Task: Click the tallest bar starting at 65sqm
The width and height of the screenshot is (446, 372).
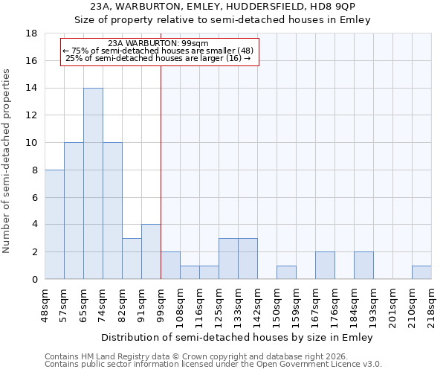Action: (x=93, y=183)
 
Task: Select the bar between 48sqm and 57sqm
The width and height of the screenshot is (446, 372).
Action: (x=54, y=224)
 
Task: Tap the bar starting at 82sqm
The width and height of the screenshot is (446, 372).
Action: (x=132, y=258)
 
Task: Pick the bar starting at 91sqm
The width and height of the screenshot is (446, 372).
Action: (x=151, y=251)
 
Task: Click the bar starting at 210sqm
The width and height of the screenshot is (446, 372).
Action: (x=421, y=272)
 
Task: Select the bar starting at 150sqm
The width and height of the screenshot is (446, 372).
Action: (x=286, y=272)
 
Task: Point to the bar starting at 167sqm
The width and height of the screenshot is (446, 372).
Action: (x=325, y=266)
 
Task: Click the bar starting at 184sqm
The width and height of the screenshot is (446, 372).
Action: (x=363, y=266)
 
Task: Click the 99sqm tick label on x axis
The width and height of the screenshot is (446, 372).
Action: (x=161, y=304)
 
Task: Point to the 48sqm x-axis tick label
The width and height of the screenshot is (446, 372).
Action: (x=45, y=304)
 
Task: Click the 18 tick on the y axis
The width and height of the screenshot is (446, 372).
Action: (x=32, y=33)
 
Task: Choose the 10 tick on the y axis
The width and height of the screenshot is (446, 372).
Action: (x=32, y=143)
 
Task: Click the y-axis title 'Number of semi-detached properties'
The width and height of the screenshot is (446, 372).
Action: (x=7, y=161)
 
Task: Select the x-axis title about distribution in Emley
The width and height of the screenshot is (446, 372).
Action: (x=238, y=337)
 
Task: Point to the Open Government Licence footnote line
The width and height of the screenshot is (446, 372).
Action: (x=213, y=364)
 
